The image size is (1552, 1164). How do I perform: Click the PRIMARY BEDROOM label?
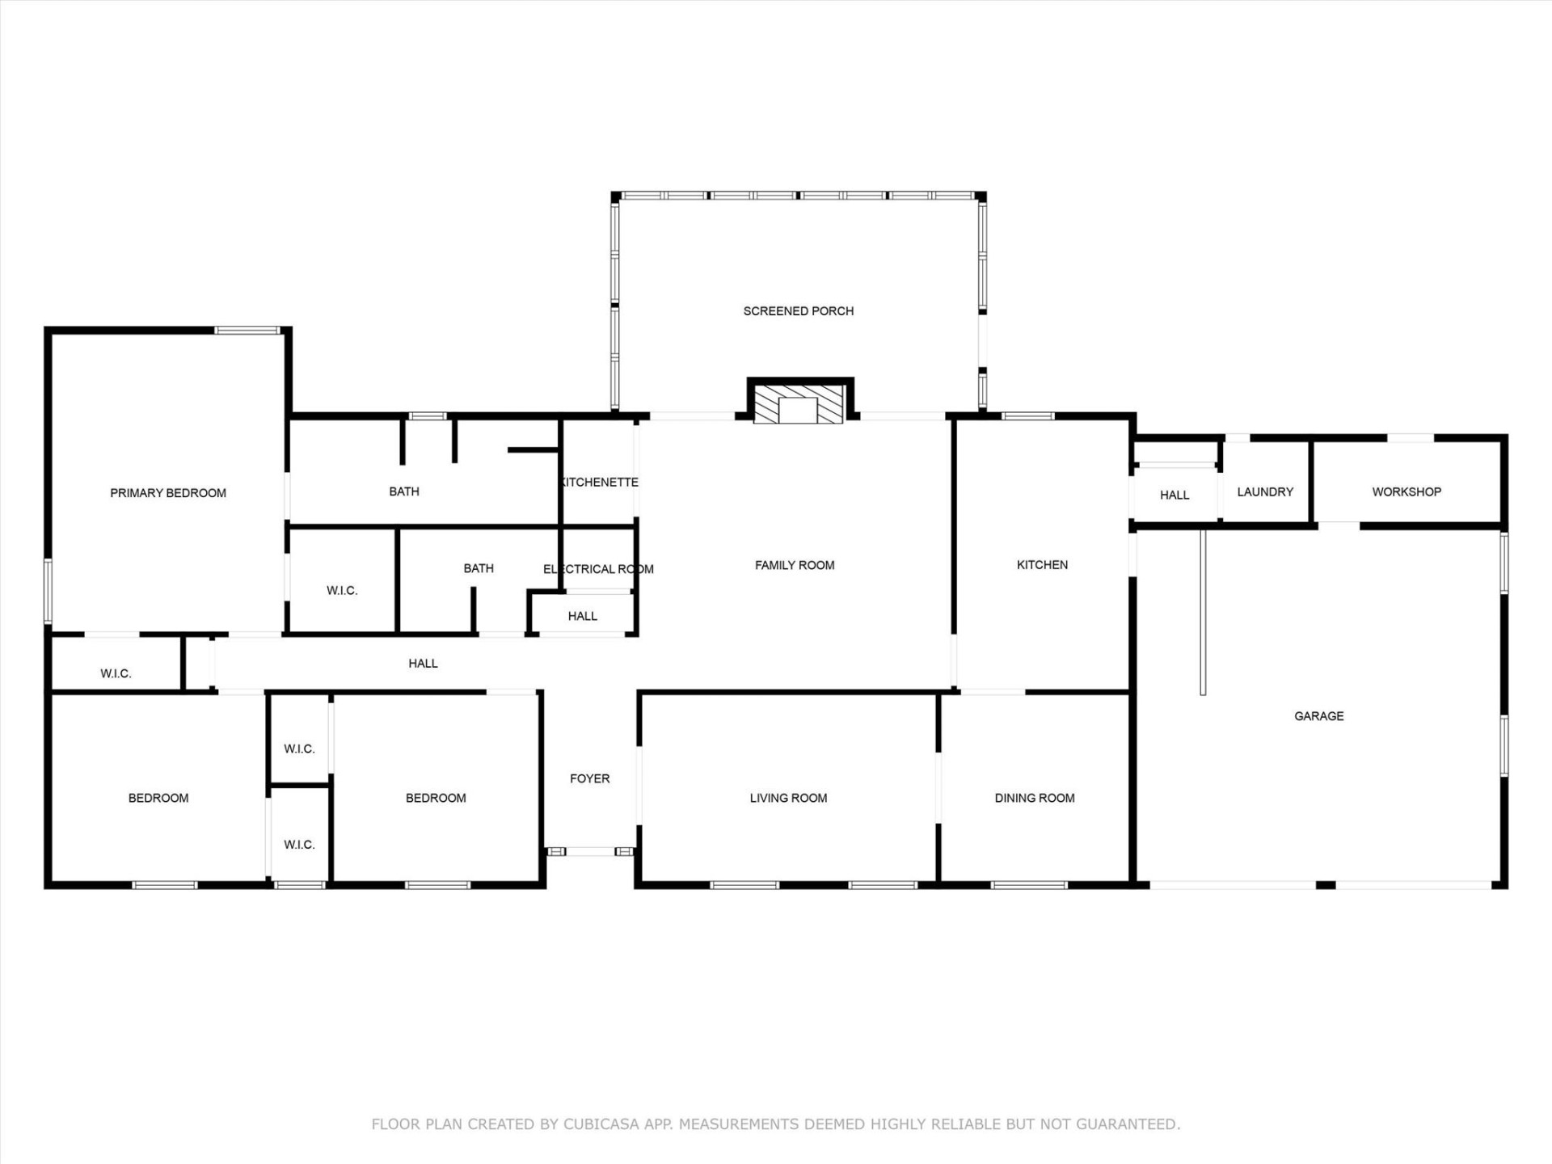pyautogui.click(x=168, y=493)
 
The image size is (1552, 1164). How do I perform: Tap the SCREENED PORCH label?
pyautogui.click(x=798, y=311)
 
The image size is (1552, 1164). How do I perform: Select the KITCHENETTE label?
pyautogui.click(x=599, y=483)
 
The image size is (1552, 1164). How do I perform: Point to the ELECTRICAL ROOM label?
pyautogui.click(x=598, y=569)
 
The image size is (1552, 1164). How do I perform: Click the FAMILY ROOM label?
pyautogui.click(x=795, y=566)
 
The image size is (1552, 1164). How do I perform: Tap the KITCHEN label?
pyautogui.click(x=1042, y=565)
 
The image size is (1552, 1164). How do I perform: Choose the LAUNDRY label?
pyautogui.click(x=1265, y=492)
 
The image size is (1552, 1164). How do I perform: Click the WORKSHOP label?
pyautogui.click(x=1406, y=492)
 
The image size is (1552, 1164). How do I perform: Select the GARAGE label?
pyautogui.click(x=1318, y=716)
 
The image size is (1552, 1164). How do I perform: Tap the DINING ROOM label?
pyautogui.click(x=1034, y=799)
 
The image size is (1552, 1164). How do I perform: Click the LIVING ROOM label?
pyautogui.click(x=788, y=799)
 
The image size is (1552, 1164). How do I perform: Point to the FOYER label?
pyautogui.click(x=589, y=779)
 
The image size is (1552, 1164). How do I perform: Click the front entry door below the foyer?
pyautogui.click(x=590, y=851)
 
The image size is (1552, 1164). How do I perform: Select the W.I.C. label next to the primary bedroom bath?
pyautogui.click(x=342, y=591)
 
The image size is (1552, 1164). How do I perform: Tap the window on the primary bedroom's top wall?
pyautogui.click(x=247, y=330)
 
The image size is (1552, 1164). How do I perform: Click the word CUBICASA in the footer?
pyautogui.click(x=601, y=1124)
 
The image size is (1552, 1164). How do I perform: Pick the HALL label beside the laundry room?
pyautogui.click(x=1174, y=496)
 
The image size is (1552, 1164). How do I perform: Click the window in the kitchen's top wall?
pyautogui.click(x=1027, y=416)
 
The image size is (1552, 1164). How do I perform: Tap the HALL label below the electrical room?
pyautogui.click(x=582, y=617)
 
